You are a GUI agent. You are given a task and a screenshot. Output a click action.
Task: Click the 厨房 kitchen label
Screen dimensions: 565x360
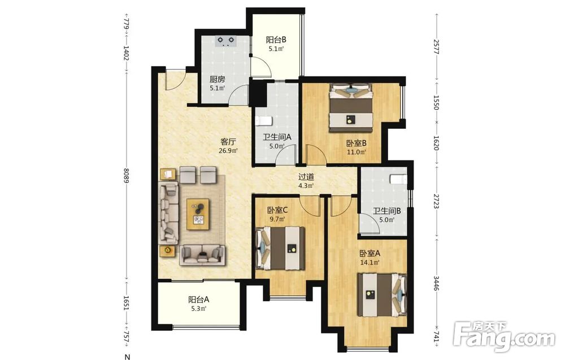[218, 79]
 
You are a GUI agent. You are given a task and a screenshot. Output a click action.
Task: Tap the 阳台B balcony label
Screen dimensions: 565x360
[276, 40]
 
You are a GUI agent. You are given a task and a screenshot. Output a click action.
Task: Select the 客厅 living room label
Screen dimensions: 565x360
[228, 142]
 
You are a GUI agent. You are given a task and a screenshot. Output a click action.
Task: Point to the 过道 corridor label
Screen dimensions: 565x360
[306, 177]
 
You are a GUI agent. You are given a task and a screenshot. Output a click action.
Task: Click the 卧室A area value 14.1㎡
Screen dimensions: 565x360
[370, 263]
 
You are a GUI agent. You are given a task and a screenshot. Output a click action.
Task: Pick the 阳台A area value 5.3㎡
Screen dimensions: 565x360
[198, 309]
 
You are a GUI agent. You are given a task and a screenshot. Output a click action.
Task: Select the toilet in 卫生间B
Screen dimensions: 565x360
[398, 179]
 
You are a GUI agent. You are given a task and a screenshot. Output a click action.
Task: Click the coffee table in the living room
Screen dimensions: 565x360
[198, 214]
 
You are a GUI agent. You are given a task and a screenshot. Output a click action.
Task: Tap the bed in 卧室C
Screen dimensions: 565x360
[280, 248]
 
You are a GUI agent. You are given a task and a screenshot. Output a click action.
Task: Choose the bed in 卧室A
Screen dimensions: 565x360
[382, 295]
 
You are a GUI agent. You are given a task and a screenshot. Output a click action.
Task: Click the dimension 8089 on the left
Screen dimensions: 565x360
[126, 175]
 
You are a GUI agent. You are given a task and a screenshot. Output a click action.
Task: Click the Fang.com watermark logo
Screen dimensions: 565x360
[503, 336]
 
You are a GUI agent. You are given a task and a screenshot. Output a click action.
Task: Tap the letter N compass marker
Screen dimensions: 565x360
[127, 357]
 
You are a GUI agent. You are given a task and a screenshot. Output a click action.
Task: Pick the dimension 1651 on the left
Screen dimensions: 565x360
[126, 303]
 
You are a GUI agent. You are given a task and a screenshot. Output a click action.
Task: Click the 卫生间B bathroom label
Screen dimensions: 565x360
[386, 211]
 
